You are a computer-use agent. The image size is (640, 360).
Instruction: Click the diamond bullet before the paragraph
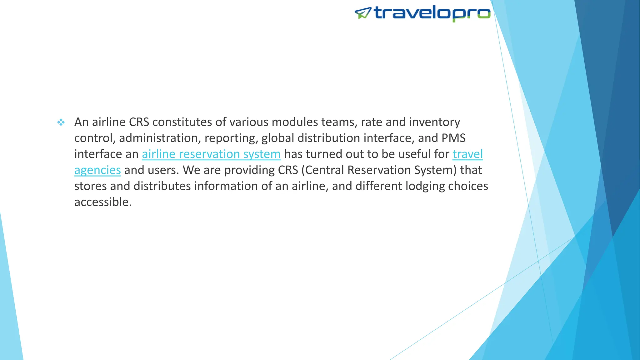(61, 122)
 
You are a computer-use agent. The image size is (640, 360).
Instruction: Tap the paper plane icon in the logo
(363, 13)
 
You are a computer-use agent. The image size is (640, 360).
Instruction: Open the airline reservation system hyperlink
(211, 154)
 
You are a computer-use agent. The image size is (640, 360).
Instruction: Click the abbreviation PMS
(453, 138)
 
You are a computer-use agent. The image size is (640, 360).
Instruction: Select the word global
(278, 138)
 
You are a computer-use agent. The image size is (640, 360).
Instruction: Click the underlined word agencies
(97, 170)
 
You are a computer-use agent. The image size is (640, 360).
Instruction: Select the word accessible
(103, 202)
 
